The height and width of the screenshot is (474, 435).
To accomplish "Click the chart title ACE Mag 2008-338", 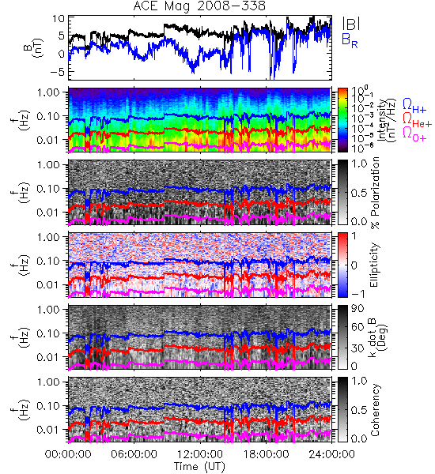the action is pos(199,6).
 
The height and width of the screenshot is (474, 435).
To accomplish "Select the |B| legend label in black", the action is pos(351,24).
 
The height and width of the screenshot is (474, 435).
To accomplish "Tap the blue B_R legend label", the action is pos(350,40).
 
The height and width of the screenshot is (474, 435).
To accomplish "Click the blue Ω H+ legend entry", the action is pos(414,106).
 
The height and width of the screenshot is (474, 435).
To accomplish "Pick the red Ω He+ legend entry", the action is pos(417,120).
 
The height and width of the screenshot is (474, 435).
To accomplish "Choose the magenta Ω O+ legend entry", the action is pos(414,134).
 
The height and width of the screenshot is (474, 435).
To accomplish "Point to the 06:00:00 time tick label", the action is pos(134,454).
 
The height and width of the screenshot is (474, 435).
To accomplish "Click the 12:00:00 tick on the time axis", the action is pos(200,454).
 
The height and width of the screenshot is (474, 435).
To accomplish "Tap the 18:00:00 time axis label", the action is pos(266,454).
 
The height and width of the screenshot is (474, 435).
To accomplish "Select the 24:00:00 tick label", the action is pos(331,454).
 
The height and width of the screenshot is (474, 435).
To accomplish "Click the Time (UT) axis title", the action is pos(199,467).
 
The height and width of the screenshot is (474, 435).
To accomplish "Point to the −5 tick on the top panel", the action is pos(58,72).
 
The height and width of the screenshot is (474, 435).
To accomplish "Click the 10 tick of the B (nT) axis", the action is pos(59,19).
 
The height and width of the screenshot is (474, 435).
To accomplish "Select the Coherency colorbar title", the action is pos(375,410).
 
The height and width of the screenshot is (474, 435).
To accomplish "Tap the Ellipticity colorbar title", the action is pos(374,265).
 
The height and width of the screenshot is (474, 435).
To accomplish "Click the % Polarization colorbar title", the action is pos(375,193).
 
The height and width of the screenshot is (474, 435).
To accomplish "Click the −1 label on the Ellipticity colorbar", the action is pos(357,294).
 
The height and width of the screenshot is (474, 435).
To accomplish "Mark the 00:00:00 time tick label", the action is pos(68,454).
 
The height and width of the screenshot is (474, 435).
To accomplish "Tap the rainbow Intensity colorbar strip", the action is pos(342,120).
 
